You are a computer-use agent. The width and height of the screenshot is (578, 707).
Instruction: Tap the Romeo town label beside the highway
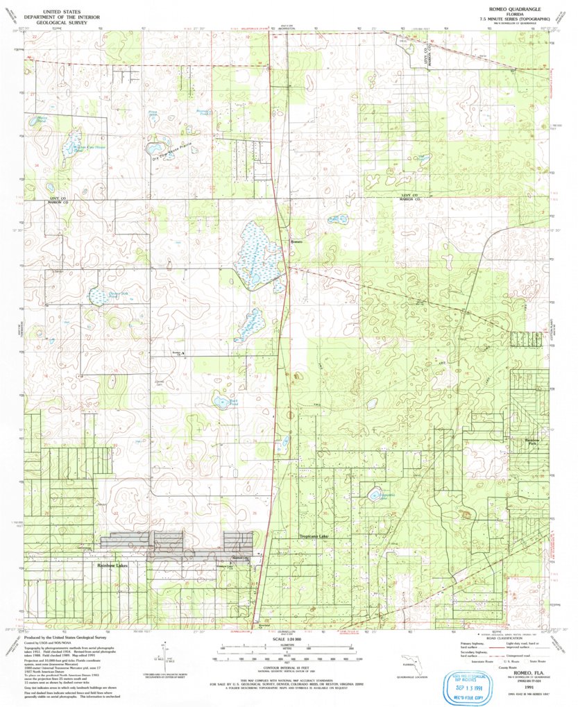[296, 241]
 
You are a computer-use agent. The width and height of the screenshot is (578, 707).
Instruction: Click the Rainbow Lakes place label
[112, 566]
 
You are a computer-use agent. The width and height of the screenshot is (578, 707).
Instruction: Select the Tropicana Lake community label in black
[316, 537]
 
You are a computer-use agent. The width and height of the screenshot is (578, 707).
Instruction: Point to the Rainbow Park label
[532, 441]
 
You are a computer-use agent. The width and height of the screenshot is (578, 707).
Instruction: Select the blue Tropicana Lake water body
[375, 495]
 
